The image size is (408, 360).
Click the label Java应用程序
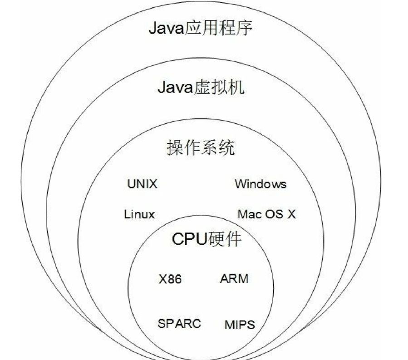[200, 28]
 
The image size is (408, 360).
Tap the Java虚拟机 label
[201, 87]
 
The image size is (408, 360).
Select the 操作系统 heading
[201, 148]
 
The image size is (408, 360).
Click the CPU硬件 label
[206, 239]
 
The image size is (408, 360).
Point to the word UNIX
[143, 184]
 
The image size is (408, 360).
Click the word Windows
[261, 184]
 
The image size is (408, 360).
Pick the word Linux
[139, 214]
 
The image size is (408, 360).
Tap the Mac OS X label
[266, 214]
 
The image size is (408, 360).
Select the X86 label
[170, 279]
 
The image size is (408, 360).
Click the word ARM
[234, 279]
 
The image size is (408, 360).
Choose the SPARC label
[179, 324]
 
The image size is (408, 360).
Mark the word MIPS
[240, 325]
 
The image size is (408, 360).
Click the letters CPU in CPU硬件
[189, 239]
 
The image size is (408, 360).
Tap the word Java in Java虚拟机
[175, 88]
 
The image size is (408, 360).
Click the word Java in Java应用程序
[166, 28]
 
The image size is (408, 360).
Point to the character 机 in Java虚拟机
[236, 87]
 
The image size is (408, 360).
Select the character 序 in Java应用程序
[244, 28]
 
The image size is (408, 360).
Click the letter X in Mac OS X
[291, 214]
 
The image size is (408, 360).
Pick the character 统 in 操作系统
[226, 148]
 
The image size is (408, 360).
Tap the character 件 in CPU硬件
[233, 239]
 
